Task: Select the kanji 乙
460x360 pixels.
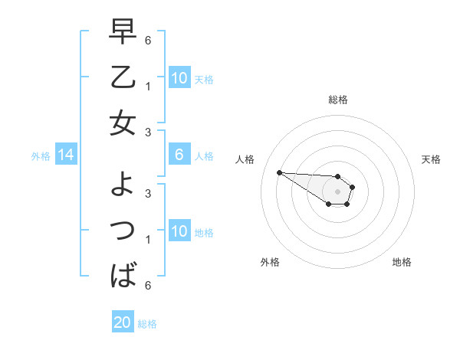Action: click(123, 78)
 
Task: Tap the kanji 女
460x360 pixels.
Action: click(123, 123)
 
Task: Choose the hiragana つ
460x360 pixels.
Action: click(123, 229)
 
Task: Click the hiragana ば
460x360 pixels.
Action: click(123, 273)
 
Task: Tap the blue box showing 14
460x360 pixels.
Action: click(66, 155)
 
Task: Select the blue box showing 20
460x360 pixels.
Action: click(123, 322)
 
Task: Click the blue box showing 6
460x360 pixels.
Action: click(179, 155)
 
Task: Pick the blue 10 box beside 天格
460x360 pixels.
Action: click(179, 77)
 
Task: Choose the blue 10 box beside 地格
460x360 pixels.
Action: click(179, 231)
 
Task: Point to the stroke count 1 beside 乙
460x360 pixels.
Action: click(148, 86)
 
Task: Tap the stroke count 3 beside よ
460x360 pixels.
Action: click(148, 193)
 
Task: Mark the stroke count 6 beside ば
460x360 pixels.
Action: click(148, 286)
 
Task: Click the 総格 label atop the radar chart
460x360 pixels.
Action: click(338, 100)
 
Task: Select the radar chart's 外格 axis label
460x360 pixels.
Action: click(270, 262)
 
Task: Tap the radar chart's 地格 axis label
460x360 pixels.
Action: click(402, 262)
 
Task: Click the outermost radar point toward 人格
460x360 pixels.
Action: click(279, 172)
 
